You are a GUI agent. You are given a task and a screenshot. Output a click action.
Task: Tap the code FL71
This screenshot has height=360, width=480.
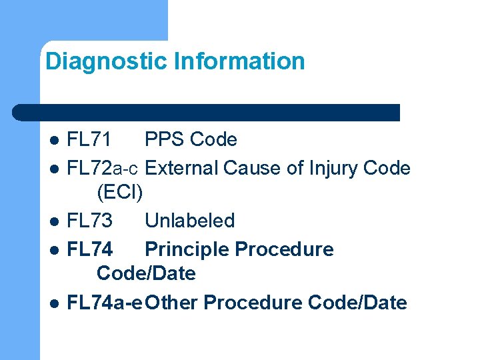(90, 140)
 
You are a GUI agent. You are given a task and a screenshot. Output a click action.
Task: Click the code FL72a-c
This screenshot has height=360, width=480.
(103, 168)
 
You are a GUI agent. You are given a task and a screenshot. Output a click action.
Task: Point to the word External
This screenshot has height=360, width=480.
(181, 168)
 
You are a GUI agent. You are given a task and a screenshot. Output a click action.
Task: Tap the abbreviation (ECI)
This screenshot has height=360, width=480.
(120, 193)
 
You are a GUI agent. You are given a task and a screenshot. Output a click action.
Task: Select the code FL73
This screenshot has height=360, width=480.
(91, 221)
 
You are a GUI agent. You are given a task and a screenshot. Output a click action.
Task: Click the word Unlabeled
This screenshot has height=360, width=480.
(190, 221)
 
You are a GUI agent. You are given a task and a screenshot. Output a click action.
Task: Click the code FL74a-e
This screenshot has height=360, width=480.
(105, 303)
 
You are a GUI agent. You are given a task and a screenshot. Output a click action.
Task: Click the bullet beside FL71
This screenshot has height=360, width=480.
(55, 141)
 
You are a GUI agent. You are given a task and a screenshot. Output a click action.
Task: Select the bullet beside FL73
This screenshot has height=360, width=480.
(55, 221)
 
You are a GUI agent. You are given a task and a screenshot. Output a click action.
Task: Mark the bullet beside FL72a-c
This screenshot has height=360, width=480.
(55, 169)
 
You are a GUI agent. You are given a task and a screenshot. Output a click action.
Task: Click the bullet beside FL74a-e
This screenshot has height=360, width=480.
(55, 303)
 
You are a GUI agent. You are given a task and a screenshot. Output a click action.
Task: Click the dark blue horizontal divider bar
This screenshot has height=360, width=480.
(207, 112)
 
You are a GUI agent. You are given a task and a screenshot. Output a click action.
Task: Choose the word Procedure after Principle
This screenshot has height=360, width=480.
(285, 249)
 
